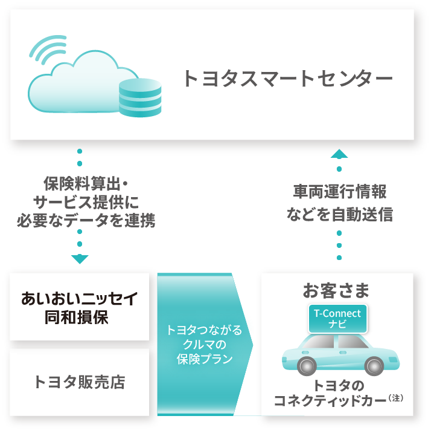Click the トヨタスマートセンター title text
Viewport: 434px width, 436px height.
(287, 79)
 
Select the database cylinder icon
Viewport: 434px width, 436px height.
(140, 97)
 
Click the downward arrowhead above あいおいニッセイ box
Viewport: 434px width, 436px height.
(80, 259)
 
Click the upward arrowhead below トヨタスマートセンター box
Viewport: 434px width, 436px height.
(340, 154)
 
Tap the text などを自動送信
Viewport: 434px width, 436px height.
(340, 215)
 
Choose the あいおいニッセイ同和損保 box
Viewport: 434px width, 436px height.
(80, 307)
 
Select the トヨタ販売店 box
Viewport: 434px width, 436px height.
(80, 382)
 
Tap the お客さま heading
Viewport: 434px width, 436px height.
(336, 290)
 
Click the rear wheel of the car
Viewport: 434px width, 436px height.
(374, 365)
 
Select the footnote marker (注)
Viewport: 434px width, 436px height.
(396, 398)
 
